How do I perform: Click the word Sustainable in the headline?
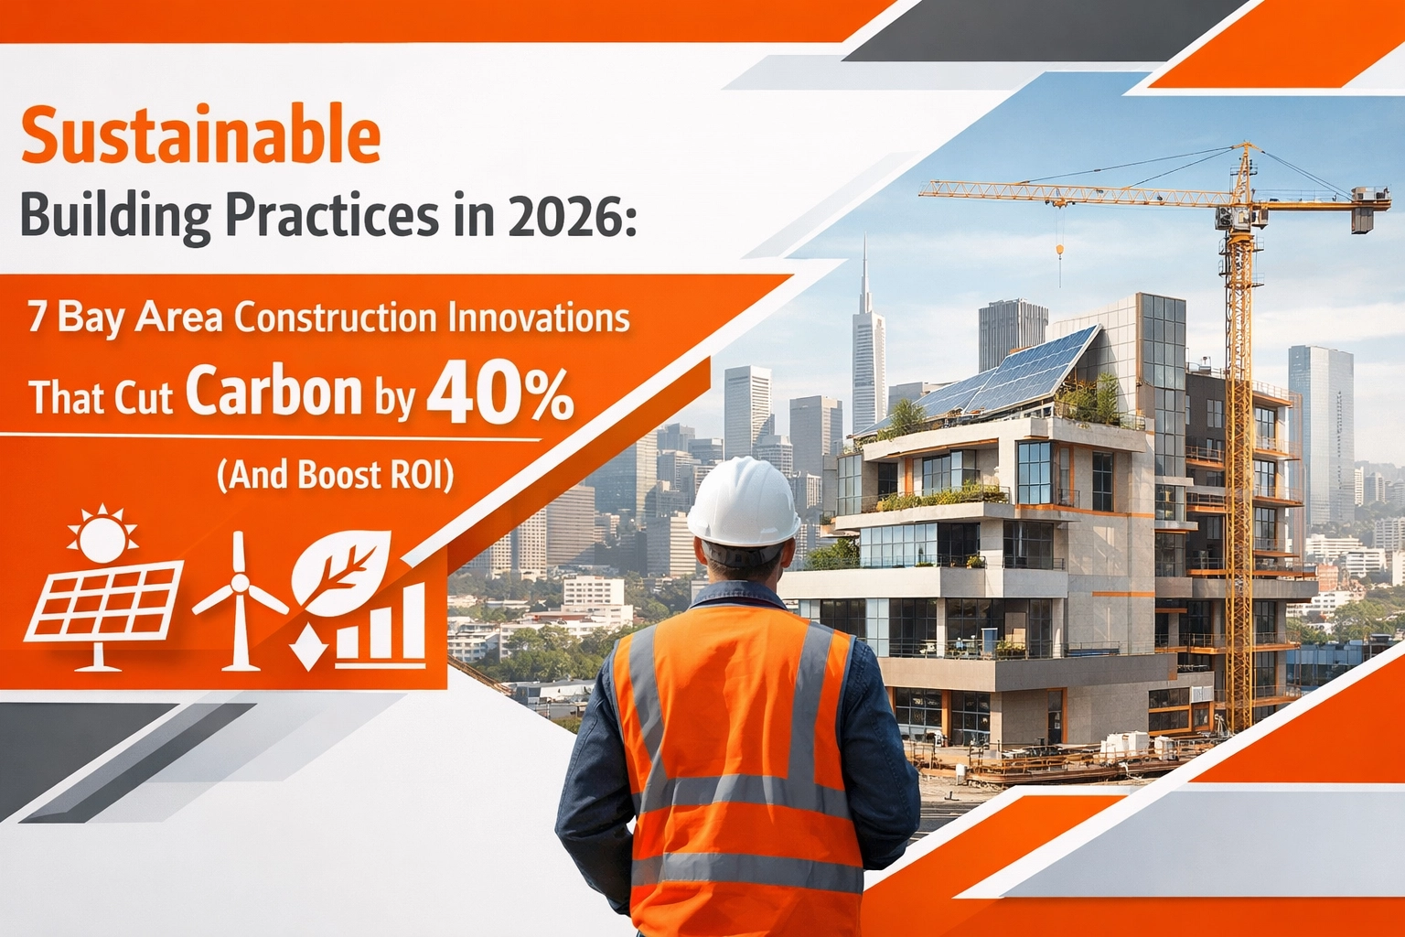[199, 135]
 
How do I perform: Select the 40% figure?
[500, 393]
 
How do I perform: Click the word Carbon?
[274, 393]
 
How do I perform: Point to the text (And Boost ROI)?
[335, 476]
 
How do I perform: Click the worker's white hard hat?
[743, 502]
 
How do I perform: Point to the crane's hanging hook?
[1060, 250]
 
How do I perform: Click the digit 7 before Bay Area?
[37, 318]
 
